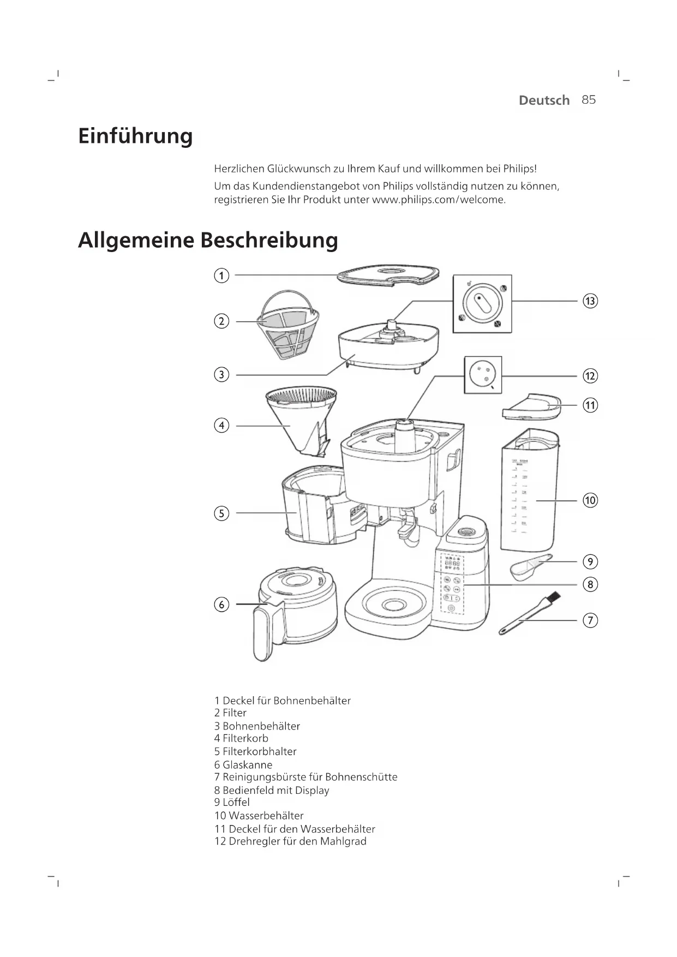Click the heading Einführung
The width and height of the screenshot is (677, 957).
(x=135, y=136)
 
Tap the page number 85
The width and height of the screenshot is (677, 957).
(x=589, y=100)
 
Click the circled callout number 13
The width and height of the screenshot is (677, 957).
(x=590, y=301)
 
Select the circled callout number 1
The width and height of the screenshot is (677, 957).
(x=221, y=276)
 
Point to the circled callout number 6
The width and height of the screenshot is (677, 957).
(x=221, y=605)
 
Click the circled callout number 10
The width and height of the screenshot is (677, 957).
(x=590, y=500)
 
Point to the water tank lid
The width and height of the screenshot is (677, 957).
(x=531, y=406)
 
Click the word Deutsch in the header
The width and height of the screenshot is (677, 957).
(x=544, y=100)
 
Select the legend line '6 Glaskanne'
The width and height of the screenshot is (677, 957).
(x=243, y=765)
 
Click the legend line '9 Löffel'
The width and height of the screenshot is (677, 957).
(x=232, y=802)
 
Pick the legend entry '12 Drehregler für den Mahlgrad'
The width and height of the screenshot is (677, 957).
(x=290, y=841)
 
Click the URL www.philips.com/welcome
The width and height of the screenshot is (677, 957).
(x=439, y=200)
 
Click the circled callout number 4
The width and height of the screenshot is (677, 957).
(x=221, y=426)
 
